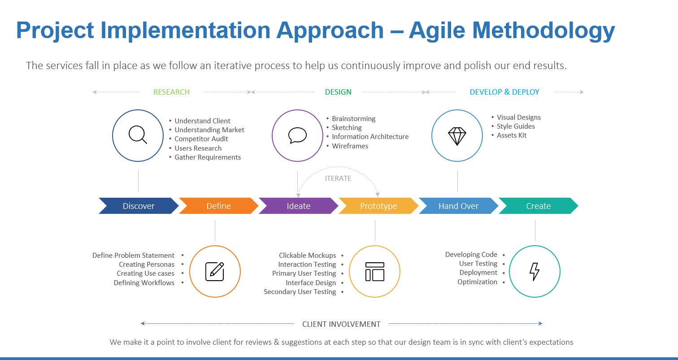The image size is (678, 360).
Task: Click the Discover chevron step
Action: [139, 206]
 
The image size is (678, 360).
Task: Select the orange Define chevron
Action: [218, 206]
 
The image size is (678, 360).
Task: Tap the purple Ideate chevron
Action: [299, 206]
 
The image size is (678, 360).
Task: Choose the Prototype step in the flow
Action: [378, 206]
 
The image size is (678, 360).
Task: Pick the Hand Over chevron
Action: [458, 206]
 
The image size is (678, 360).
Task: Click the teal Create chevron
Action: [538, 206]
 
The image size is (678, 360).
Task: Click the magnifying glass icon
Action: [138, 134]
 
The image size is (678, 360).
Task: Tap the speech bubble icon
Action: [297, 135]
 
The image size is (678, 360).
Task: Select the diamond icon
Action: [457, 136]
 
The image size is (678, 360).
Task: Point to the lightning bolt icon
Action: [535, 271]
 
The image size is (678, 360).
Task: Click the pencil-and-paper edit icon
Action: [215, 271]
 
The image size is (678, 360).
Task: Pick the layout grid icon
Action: [375, 271]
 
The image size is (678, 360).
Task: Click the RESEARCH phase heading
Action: [171, 92]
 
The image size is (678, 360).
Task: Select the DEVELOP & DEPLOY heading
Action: [504, 92]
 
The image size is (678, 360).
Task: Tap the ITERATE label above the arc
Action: [338, 178]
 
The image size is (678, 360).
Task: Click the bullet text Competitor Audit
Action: [201, 139]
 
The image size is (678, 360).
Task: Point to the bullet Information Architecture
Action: [370, 136]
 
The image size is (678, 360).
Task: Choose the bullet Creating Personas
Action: [147, 265]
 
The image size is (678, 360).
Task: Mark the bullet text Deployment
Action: [478, 273]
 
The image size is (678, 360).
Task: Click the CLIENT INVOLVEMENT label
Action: [341, 324]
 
